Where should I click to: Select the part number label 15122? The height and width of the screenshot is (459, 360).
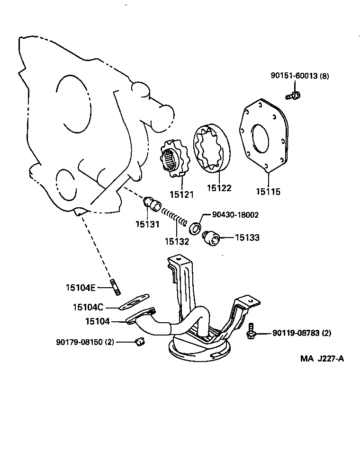coord(219,188)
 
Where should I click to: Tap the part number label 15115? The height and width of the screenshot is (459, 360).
coord(268,192)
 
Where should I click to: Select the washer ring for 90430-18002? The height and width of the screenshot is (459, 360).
coord(194,229)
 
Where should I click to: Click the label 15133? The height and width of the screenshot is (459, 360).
coord(246,238)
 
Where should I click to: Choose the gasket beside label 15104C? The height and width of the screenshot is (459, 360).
coord(134,302)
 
